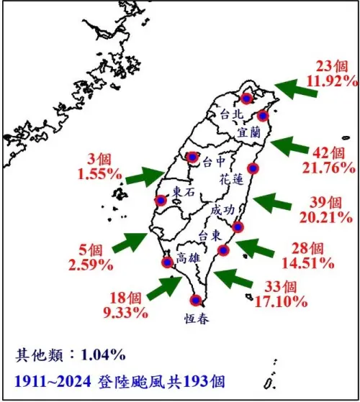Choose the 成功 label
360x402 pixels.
click(222, 211)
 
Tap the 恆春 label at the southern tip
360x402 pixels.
click(197, 319)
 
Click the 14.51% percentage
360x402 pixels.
click(310, 262)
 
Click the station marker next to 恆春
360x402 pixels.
click(194, 301)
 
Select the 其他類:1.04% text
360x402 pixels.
click(71, 354)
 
